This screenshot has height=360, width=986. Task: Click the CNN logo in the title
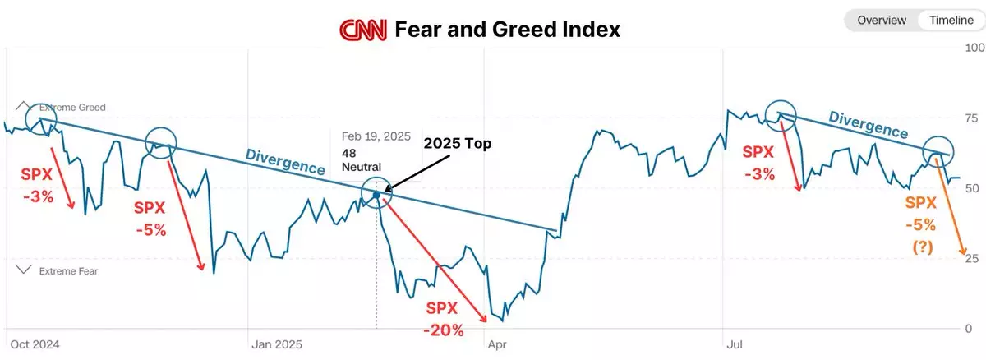tap(364, 30)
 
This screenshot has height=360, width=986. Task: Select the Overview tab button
tap(882, 21)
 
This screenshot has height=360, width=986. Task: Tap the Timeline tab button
tap(945, 21)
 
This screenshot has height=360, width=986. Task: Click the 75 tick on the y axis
tap(971, 118)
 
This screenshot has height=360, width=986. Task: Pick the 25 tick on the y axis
tap(971, 259)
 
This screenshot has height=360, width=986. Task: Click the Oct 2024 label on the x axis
tap(35, 344)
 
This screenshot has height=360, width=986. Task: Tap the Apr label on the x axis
tap(497, 344)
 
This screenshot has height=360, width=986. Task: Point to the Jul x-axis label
tap(734, 344)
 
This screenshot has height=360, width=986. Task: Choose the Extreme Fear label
tap(71, 270)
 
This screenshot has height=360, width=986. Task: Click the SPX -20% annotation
tap(445, 320)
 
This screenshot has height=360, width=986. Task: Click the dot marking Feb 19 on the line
tap(376, 195)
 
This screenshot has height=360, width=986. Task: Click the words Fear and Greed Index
tap(507, 30)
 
